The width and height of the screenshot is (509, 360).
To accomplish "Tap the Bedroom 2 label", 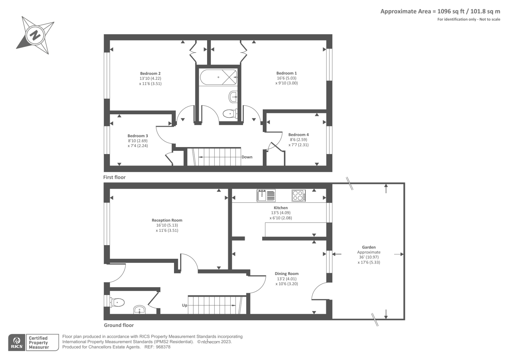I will tap(150, 74).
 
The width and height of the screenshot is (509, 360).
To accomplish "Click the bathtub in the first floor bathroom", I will tap(218, 77).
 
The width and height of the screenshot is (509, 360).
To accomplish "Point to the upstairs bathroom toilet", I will tap(230, 114).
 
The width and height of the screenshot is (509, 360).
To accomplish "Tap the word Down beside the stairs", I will tap(247, 157).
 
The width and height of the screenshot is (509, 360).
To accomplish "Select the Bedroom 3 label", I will tap(137, 136).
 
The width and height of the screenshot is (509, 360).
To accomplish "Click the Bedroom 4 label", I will tap(298, 135).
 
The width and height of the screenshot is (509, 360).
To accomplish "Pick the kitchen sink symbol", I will tap(266, 195).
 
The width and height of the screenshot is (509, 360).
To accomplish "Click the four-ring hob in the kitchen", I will tap(298, 195).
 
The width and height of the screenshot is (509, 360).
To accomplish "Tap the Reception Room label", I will tap(167, 220).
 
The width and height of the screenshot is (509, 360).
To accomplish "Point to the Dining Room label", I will tap(287, 274).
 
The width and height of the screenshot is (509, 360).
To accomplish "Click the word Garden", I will tap(369, 247).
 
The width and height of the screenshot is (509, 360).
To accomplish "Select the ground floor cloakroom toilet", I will tap(117, 302).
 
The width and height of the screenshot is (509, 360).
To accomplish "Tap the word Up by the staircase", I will tap(185, 305).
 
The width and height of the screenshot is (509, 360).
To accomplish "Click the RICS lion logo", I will tap(17, 340).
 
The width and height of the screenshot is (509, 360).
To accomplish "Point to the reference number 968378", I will tap(163, 347).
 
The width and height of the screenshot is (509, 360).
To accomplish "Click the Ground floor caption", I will tap(119, 325).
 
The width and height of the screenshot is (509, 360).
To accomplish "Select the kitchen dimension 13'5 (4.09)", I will tap(281, 213).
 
